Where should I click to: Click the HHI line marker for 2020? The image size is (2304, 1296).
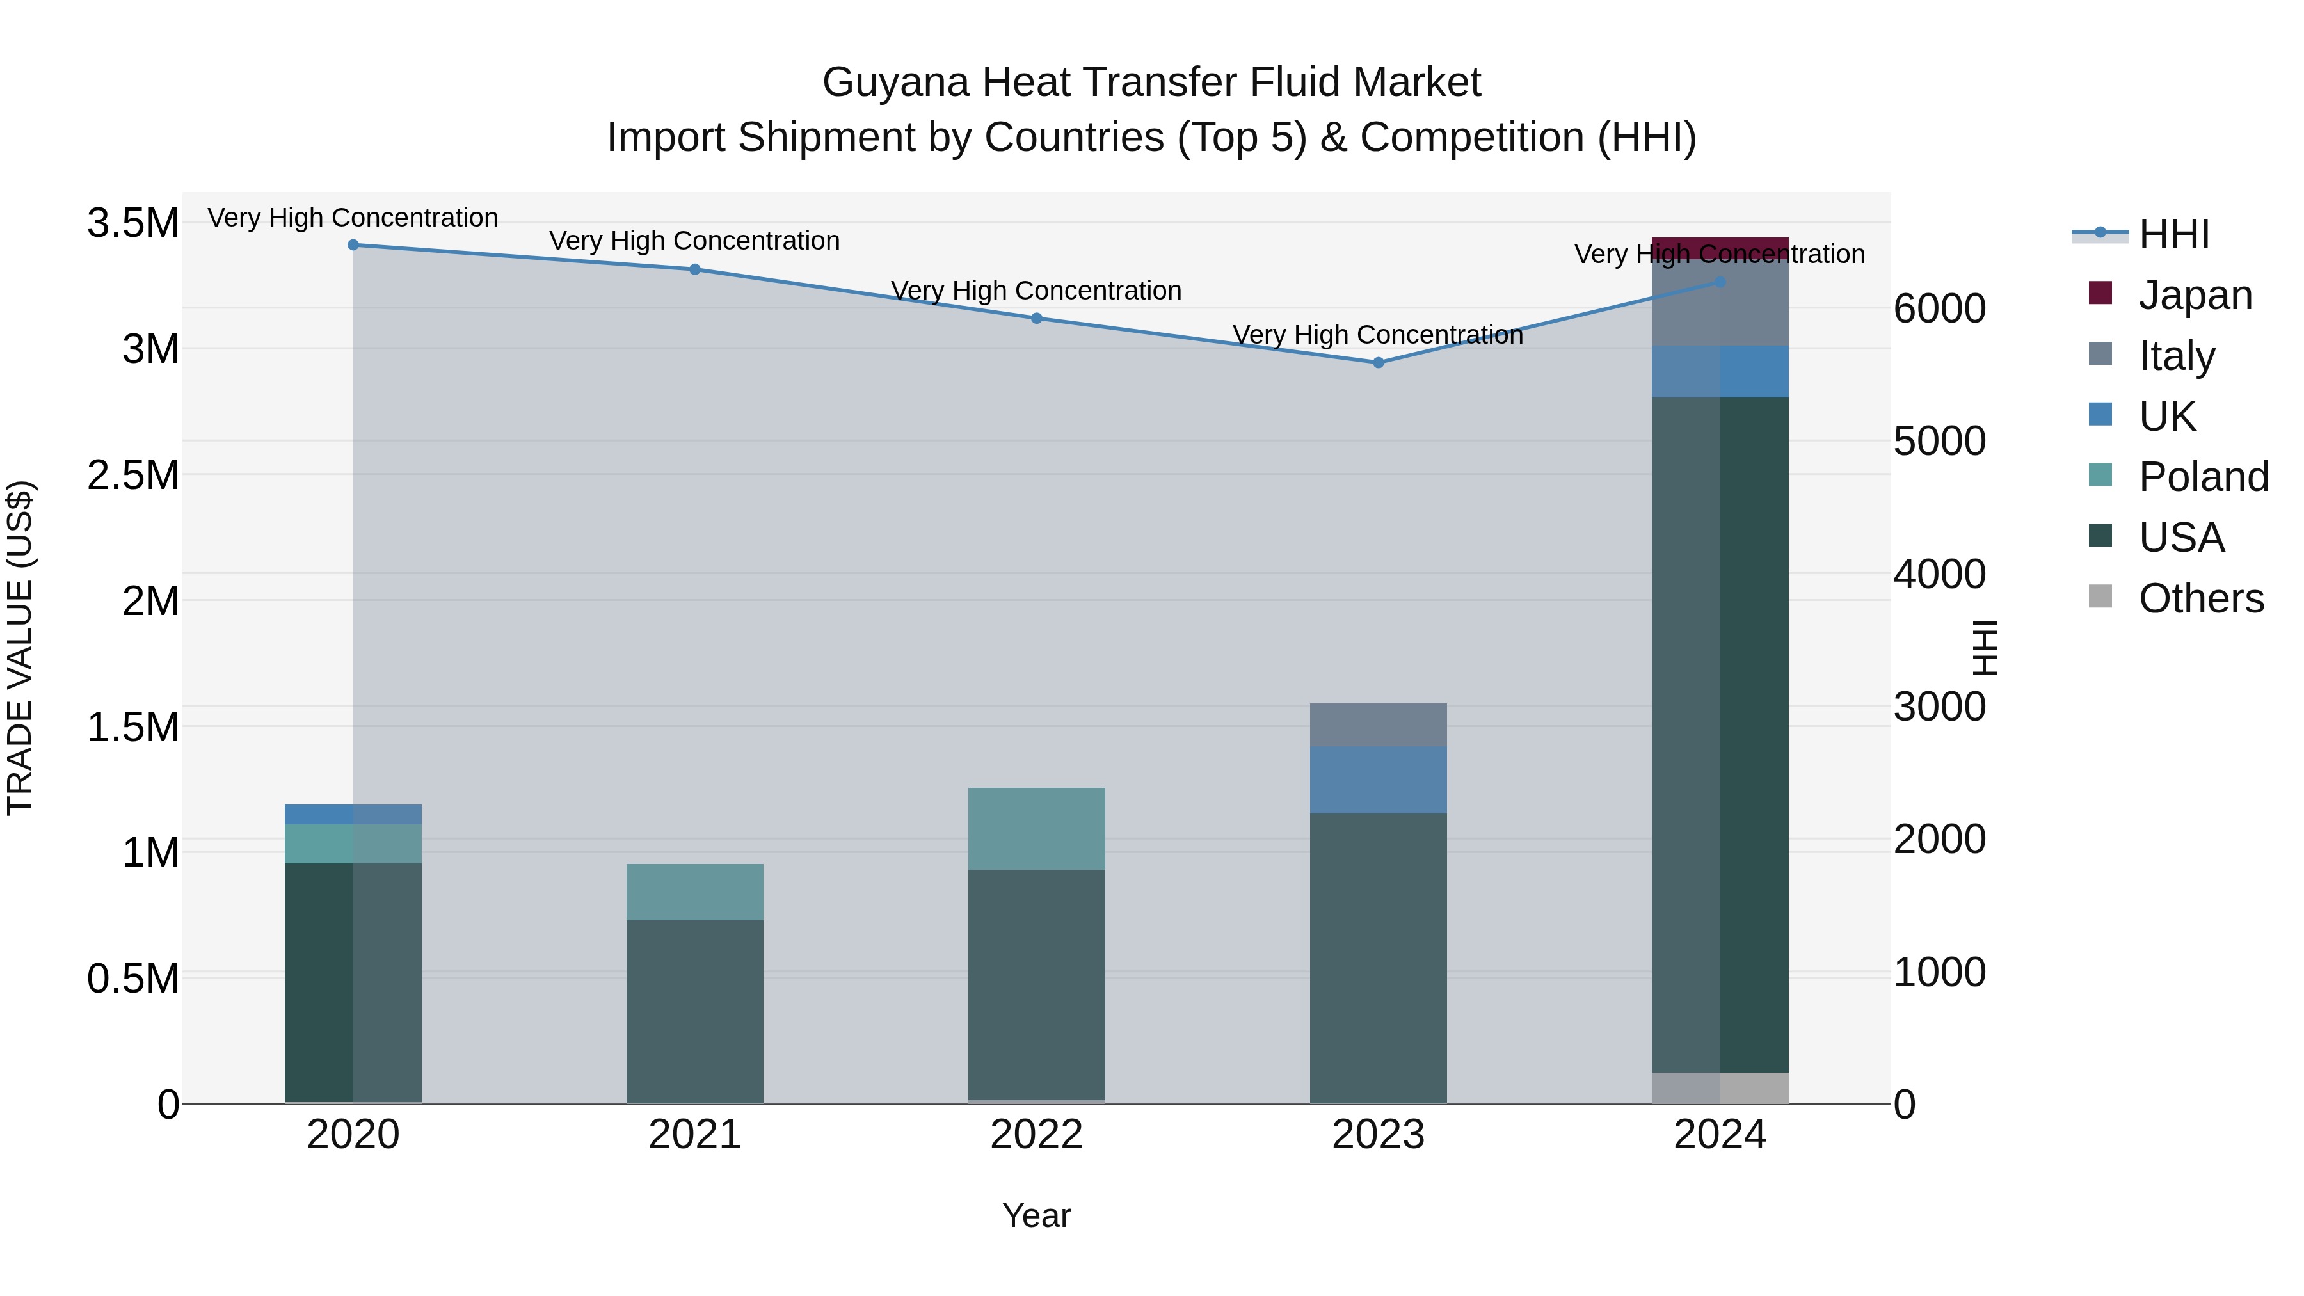[x=353, y=245]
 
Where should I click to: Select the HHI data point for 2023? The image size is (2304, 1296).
[x=1379, y=363]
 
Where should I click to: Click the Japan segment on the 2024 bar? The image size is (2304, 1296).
[x=1720, y=248]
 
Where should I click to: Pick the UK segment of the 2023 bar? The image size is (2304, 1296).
[x=1379, y=780]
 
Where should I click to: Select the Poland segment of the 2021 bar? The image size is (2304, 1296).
[x=695, y=892]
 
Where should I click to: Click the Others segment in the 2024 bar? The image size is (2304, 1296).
[x=1720, y=1087]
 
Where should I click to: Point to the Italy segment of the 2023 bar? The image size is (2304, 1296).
[x=1379, y=724]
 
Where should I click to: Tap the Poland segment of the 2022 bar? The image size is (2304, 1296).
[x=1037, y=828]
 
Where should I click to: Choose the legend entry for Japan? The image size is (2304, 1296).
[x=2195, y=295]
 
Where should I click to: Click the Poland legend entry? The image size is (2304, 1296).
[x=2203, y=477]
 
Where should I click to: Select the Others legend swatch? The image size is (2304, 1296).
[x=2100, y=596]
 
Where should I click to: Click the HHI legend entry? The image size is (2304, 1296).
[x=2173, y=234]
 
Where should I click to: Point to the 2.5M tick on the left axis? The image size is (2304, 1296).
[x=133, y=475]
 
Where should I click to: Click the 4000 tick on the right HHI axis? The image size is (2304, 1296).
[x=1939, y=574]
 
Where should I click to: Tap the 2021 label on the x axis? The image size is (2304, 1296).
[x=695, y=1135]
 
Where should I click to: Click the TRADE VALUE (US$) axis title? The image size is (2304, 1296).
[x=20, y=648]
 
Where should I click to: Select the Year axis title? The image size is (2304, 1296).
[x=1037, y=1215]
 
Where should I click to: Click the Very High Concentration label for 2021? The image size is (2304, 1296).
[x=695, y=241]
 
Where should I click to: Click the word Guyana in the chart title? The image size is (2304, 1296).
[x=895, y=83]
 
